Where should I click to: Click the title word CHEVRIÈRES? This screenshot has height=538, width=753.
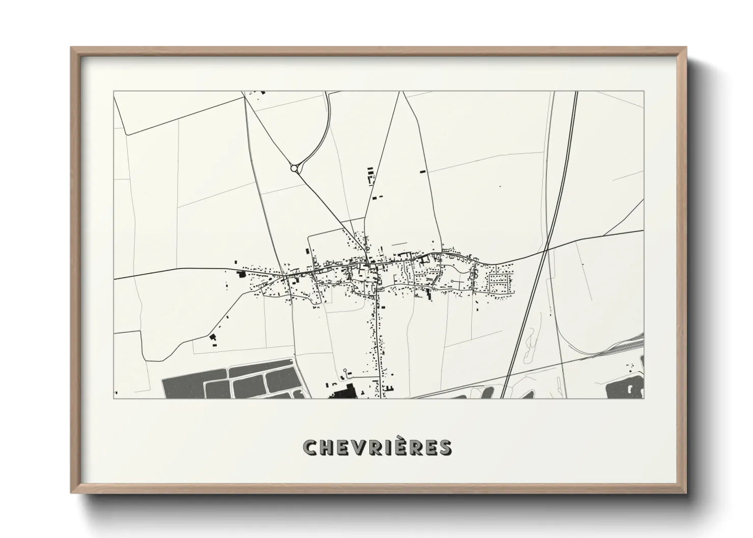pyautogui.click(x=376, y=448)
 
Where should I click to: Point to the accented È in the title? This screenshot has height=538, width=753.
pyautogui.click(x=397, y=447)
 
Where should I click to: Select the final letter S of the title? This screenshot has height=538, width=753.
pyautogui.click(x=445, y=448)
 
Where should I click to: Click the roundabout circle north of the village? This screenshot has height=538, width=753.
pyautogui.click(x=294, y=168)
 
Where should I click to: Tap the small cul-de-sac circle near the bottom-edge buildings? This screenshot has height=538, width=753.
pyautogui.click(x=345, y=370)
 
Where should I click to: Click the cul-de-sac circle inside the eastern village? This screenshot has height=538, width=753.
pyautogui.click(x=452, y=281)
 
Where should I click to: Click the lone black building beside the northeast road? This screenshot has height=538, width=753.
pyautogui.click(x=422, y=172)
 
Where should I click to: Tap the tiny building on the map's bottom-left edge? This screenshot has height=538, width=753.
pyautogui.click(x=116, y=393)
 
